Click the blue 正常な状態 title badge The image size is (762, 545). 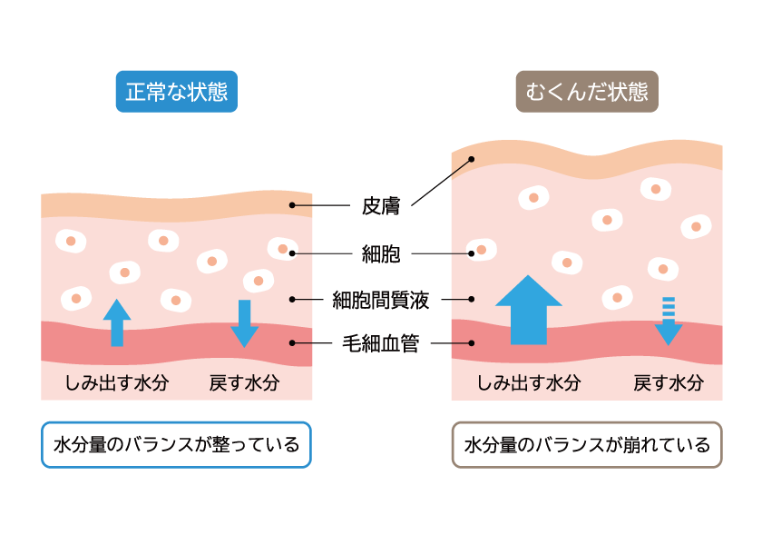176,92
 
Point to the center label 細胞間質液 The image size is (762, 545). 381,298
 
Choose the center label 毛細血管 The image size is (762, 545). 381,343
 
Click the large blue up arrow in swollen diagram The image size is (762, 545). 529,310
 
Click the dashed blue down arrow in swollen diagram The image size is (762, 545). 669,320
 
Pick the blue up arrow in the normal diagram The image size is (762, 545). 117,322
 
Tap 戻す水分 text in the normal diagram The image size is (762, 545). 244,382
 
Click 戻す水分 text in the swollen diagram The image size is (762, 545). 669,382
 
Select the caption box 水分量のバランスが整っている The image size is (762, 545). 176,445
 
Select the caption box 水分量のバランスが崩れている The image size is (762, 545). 587,445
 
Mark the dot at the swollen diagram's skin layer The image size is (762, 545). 471,160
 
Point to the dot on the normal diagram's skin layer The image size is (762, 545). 292,205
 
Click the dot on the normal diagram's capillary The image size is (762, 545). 292,342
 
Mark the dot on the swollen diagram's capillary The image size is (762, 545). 472,342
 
